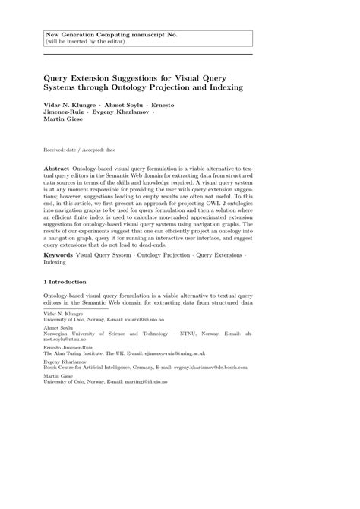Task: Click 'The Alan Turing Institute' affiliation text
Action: (x=74, y=353)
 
